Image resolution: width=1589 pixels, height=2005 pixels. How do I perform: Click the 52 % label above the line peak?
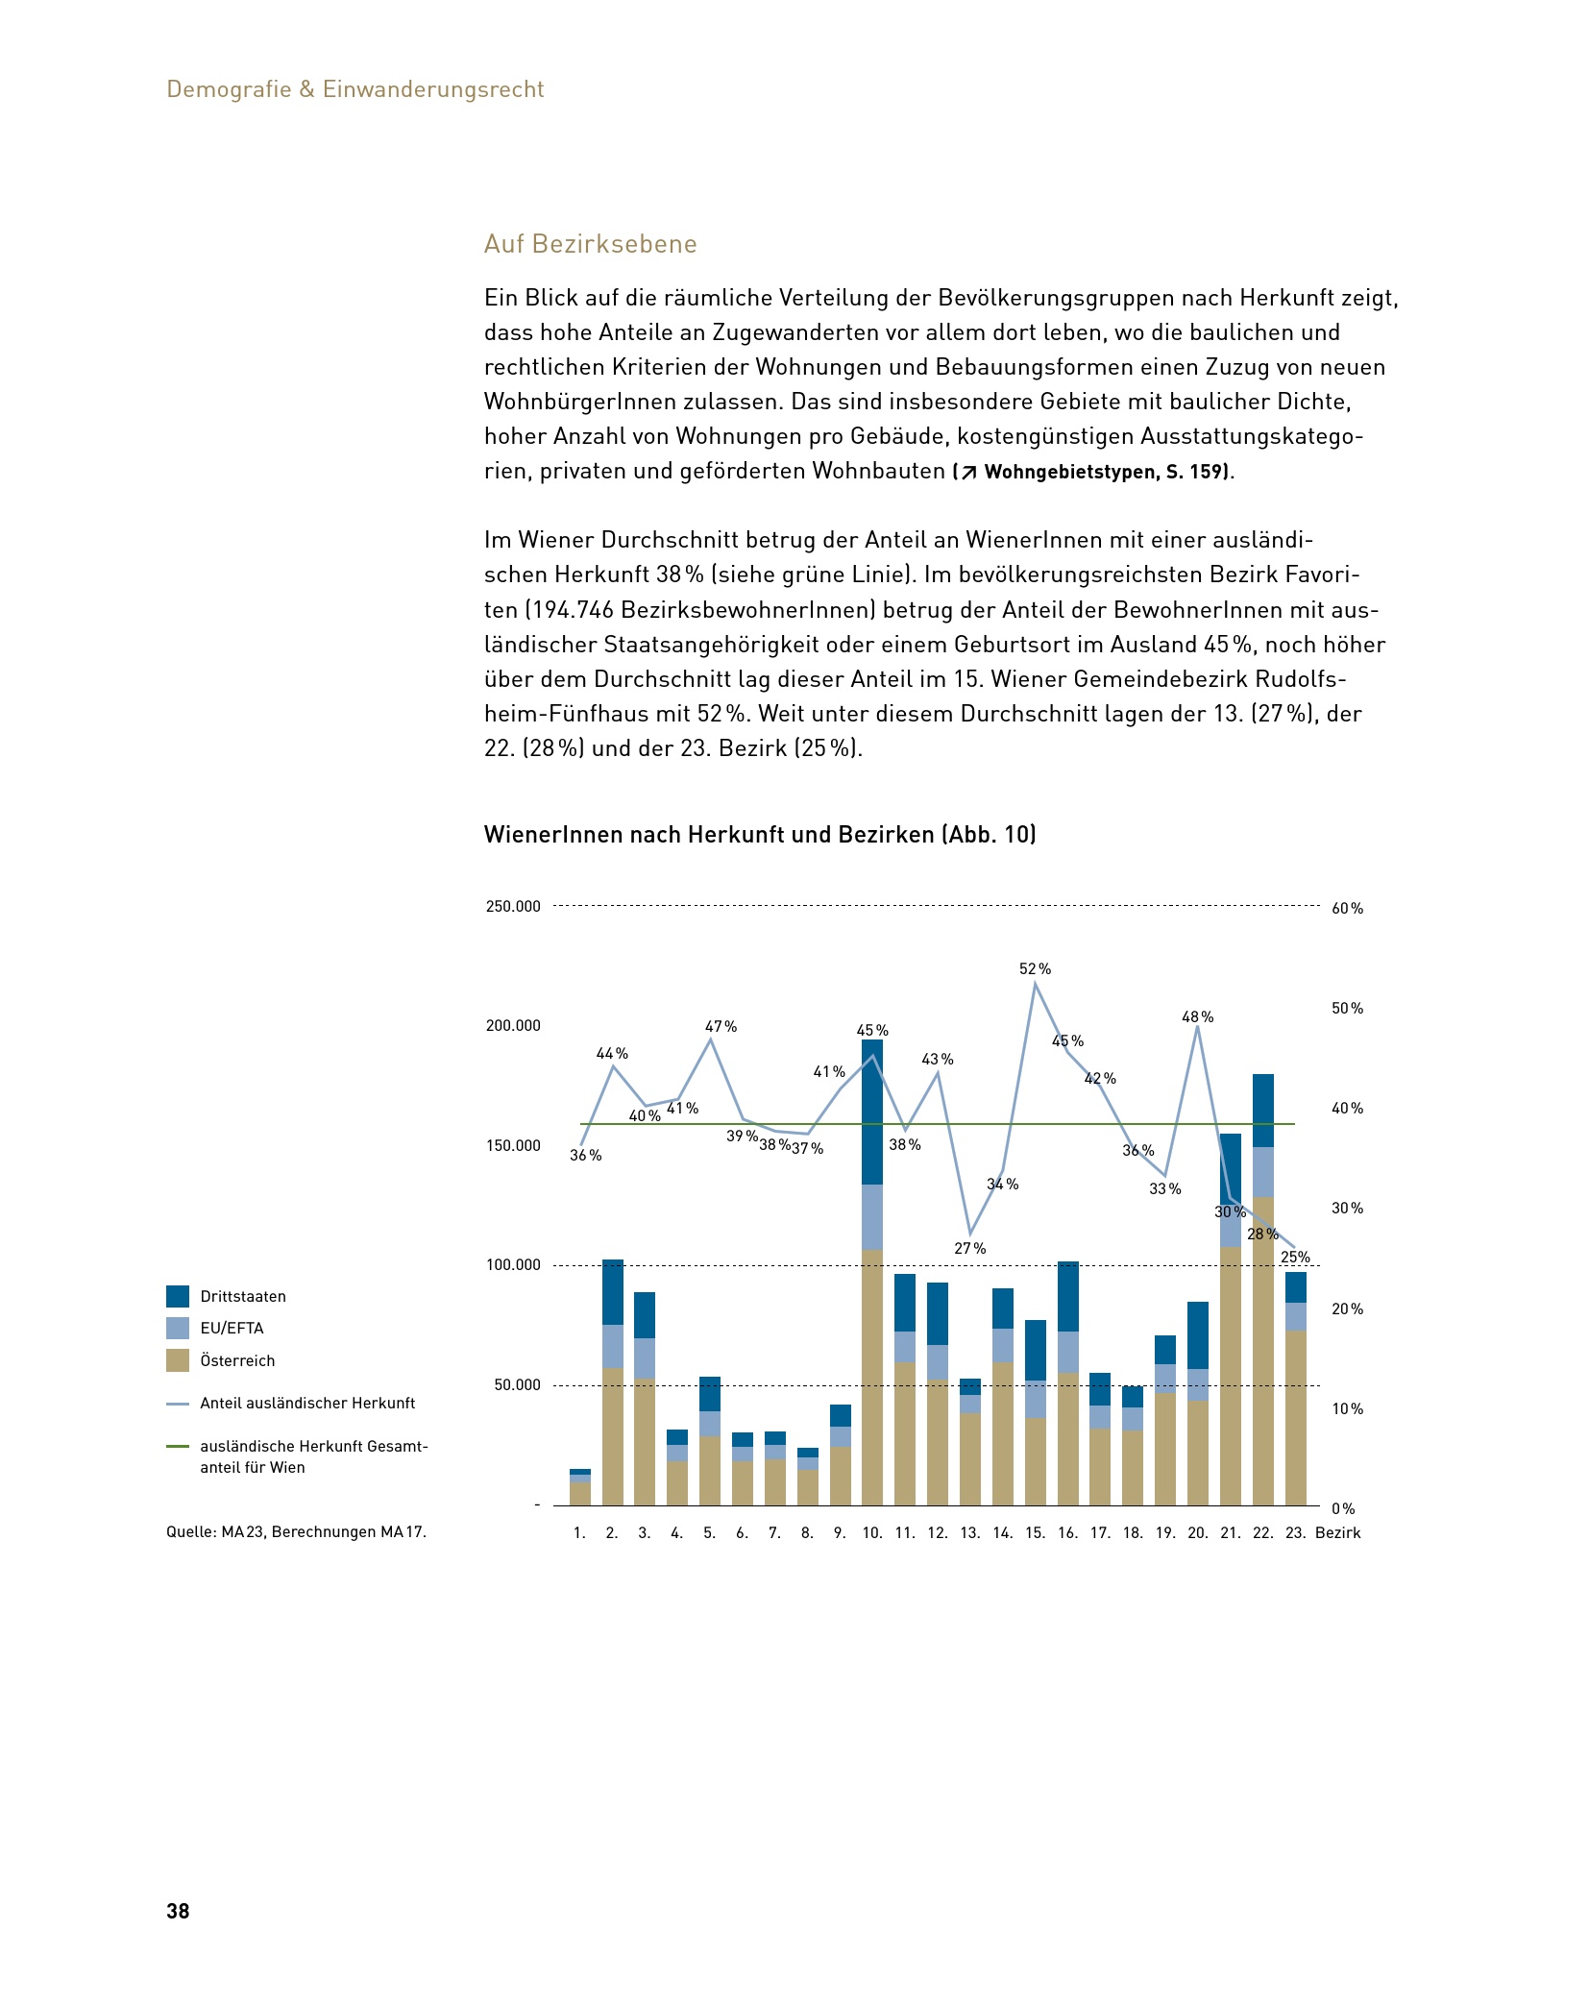(1035, 969)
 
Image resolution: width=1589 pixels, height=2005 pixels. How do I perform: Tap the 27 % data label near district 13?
(969, 1249)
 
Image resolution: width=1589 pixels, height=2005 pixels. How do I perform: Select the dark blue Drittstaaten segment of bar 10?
(871, 1112)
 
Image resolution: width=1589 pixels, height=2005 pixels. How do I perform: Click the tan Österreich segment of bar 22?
(1262, 1351)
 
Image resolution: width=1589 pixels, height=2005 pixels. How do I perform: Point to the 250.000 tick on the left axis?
(513, 906)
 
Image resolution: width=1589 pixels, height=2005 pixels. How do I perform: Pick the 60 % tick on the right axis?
(1347, 909)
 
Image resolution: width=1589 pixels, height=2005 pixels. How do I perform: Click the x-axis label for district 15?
(1035, 1533)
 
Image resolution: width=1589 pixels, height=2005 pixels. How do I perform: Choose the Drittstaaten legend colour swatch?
(178, 1296)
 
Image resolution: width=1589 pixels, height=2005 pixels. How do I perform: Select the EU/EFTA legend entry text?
(232, 1329)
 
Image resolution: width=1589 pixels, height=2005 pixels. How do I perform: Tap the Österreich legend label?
(237, 1361)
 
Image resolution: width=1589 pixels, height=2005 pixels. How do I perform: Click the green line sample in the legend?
(178, 1446)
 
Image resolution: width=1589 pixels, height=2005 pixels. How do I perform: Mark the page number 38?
(178, 1911)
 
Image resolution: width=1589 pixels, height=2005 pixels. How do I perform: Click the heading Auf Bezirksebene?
(590, 244)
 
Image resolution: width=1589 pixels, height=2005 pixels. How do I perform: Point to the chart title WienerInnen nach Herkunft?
(759, 834)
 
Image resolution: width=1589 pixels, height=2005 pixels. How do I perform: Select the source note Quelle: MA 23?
(296, 1532)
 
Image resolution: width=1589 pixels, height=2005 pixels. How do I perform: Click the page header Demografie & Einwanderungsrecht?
(355, 89)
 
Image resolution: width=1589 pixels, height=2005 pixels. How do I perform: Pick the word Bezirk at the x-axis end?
(1337, 1533)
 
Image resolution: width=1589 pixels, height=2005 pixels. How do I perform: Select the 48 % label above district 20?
(1197, 1017)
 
